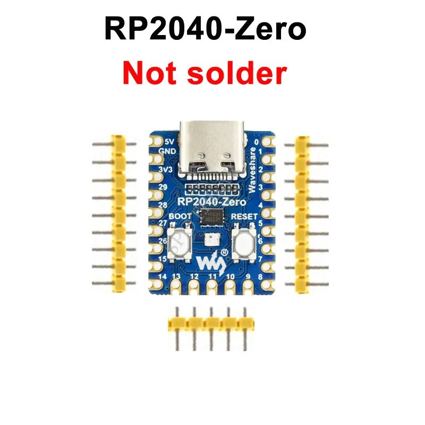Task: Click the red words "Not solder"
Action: [x=205, y=74]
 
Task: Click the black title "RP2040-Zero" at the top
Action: [x=205, y=29]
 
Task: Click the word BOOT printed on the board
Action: [x=178, y=216]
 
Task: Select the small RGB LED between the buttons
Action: [x=210, y=240]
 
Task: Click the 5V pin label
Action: [x=169, y=142]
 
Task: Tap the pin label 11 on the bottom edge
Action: [x=212, y=277]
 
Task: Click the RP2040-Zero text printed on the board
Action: [x=211, y=201]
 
